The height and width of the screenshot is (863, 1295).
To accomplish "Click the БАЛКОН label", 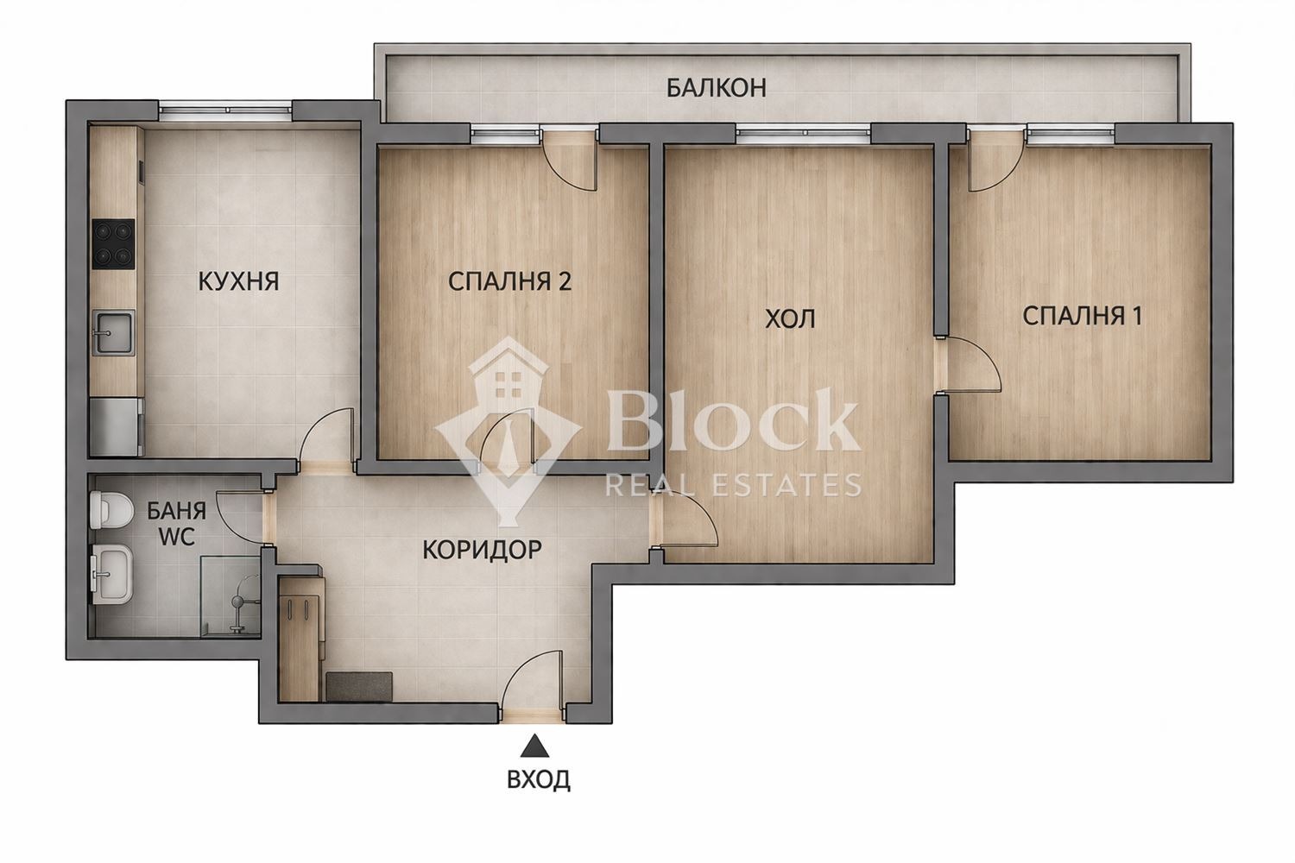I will [716, 87].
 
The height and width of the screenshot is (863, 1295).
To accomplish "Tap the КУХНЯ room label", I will [238, 281].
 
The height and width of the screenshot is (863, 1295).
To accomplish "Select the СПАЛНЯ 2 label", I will [509, 281].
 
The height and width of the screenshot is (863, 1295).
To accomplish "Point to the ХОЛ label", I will [790, 319].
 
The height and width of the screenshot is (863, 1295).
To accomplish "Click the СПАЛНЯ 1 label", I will [1082, 316].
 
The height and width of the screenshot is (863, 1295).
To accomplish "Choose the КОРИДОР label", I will [482, 549].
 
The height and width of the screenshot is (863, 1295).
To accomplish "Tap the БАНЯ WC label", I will [176, 523].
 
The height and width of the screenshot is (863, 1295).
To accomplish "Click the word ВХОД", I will [538, 780].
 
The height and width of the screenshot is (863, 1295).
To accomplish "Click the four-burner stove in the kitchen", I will [114, 243].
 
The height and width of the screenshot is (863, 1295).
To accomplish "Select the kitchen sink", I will [114, 332].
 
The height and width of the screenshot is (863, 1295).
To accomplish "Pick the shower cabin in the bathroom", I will [231, 596].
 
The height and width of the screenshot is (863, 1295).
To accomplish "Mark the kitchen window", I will [226, 110].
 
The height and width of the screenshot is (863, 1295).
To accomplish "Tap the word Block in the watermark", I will [732, 420].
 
